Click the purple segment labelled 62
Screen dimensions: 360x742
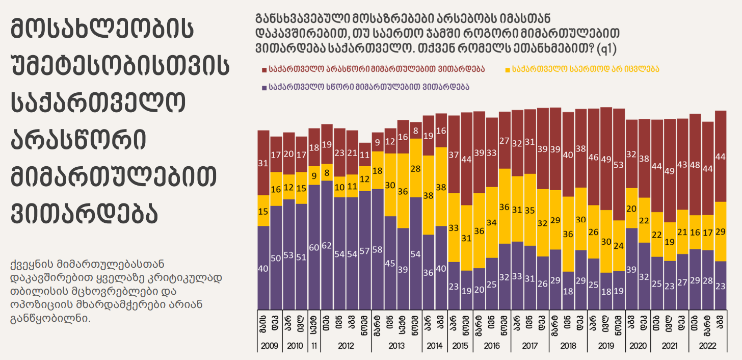click(x=327, y=245)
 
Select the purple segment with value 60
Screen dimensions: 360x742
click(x=314, y=247)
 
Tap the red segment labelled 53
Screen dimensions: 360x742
click(x=619, y=164)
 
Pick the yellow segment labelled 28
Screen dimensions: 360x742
click(x=416, y=168)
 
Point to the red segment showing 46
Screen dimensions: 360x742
click(x=593, y=157)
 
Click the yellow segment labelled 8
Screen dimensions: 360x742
click(x=327, y=173)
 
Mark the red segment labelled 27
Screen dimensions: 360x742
click(x=505, y=140)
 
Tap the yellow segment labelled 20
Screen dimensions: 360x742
click(x=631, y=208)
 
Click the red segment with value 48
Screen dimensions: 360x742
click(x=695, y=164)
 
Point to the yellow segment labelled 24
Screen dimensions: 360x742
click(x=619, y=245)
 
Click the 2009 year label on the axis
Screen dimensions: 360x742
click(x=270, y=346)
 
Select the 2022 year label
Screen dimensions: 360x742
click(x=708, y=346)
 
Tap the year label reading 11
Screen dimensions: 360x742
click(x=314, y=346)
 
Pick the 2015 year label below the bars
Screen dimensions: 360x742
click(x=460, y=346)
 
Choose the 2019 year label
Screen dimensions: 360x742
click(x=606, y=346)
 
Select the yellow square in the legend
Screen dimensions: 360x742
click(x=508, y=68)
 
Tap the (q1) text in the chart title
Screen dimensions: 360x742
click(x=607, y=49)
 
